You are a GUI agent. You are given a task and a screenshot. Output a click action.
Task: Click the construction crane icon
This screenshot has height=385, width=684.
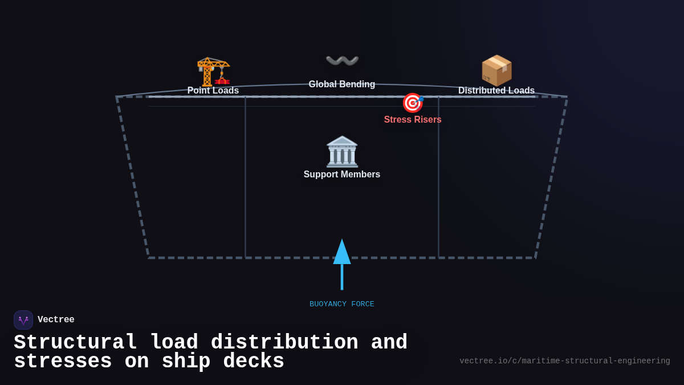point(213,71)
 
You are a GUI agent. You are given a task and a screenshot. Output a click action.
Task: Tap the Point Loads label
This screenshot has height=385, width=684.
point(213,91)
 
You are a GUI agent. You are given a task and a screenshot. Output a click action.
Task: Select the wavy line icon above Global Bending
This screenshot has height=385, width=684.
point(342,60)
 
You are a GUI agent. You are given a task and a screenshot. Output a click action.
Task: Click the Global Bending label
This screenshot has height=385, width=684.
point(342,84)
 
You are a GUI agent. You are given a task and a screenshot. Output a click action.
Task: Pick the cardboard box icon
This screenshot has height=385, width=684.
point(496,70)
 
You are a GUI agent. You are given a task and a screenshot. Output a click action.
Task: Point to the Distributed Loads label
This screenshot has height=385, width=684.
point(496,91)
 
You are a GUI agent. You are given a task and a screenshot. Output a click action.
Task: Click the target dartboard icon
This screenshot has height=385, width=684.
point(413,103)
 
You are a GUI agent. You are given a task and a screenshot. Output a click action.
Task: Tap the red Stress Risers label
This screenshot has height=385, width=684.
point(413,120)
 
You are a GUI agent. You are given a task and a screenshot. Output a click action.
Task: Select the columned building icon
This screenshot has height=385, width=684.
point(342,152)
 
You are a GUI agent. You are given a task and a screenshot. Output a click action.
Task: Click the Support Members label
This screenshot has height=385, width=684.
point(342,175)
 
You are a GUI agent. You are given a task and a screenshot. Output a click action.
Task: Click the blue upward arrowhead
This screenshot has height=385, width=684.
point(342,252)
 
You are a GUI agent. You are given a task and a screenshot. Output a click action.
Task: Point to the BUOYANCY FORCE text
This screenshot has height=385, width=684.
point(342,305)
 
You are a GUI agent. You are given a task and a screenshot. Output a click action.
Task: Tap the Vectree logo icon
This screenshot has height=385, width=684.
point(23,320)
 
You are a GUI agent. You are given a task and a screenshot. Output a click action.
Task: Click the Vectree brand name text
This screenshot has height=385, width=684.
point(56,320)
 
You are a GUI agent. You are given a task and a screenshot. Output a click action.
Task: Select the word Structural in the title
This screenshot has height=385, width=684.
point(75,343)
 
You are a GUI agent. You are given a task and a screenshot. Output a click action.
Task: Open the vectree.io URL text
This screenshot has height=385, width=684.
point(565,361)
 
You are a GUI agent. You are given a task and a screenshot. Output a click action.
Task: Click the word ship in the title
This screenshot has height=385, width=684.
point(186,362)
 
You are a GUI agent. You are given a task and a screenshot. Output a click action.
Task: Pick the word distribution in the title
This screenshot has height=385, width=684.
point(284,343)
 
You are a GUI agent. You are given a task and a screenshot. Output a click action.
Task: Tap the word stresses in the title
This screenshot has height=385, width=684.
point(63,362)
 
